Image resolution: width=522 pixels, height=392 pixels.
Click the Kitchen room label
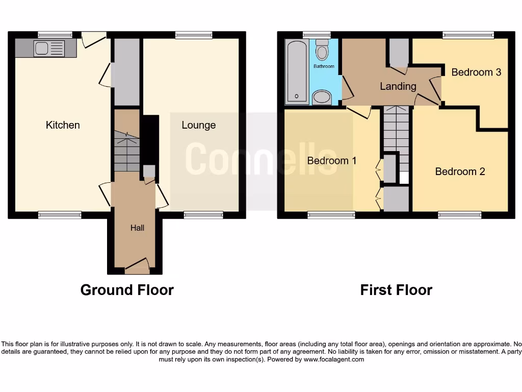point(63,125)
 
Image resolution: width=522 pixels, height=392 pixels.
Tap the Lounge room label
point(199,125)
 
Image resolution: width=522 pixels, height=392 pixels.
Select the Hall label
point(137,228)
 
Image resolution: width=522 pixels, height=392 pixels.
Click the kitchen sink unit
point(49,49)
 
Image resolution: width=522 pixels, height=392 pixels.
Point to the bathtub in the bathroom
point(296,71)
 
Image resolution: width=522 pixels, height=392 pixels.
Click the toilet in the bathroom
point(322,51)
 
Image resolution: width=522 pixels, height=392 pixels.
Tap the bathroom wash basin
point(321,97)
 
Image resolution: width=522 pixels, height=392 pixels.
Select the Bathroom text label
point(324,66)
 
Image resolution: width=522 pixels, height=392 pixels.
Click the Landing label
point(398,86)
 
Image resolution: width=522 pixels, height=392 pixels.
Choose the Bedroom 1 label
point(331,161)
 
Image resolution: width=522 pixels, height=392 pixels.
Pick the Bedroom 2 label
point(460,171)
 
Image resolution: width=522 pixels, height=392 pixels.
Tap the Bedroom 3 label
point(476,72)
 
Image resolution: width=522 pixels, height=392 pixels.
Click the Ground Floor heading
point(127,290)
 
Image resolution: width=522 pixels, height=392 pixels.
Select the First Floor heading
point(396,290)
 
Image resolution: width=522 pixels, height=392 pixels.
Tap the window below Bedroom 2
point(459,215)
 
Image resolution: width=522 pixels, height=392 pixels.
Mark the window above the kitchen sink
point(55,35)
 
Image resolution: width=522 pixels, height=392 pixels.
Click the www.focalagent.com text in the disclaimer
point(334,359)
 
